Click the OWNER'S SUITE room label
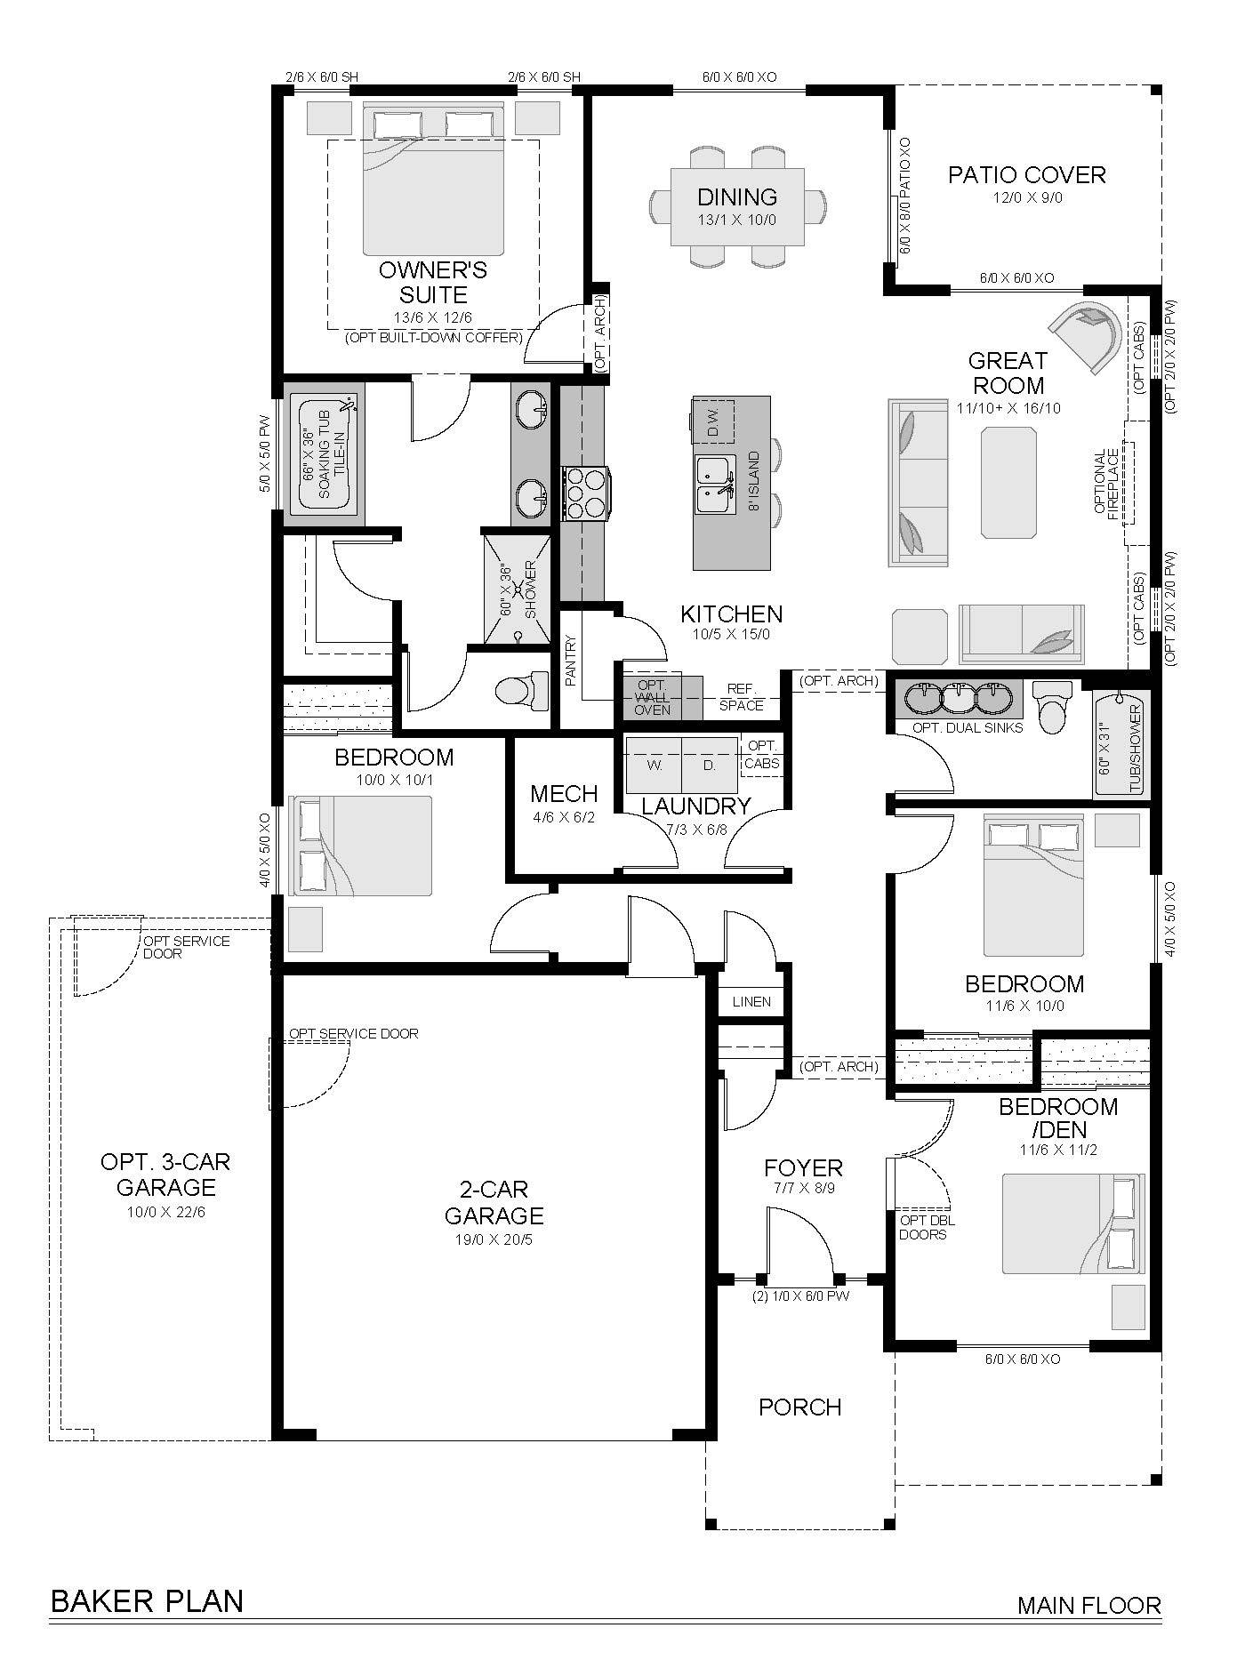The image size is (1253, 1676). coord(433,282)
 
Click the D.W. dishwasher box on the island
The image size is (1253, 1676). coord(712,421)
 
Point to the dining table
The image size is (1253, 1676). coord(737,206)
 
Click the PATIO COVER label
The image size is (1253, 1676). coord(1027,174)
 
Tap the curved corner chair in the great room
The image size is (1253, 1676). coord(1085,336)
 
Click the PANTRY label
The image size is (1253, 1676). coord(571,659)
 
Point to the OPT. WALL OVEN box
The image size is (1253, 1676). coord(653,696)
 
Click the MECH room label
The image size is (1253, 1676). coord(564,793)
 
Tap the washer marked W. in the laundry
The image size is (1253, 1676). coord(655,765)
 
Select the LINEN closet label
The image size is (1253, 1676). coord(751,1002)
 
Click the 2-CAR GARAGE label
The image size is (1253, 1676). coord(494,1202)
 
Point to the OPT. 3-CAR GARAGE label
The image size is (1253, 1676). coord(165,1174)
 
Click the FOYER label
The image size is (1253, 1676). coord(803,1167)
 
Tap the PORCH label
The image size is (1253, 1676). coord(799,1407)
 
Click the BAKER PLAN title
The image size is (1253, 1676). coord(147,1600)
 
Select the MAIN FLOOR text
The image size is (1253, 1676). coord(1089,1605)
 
